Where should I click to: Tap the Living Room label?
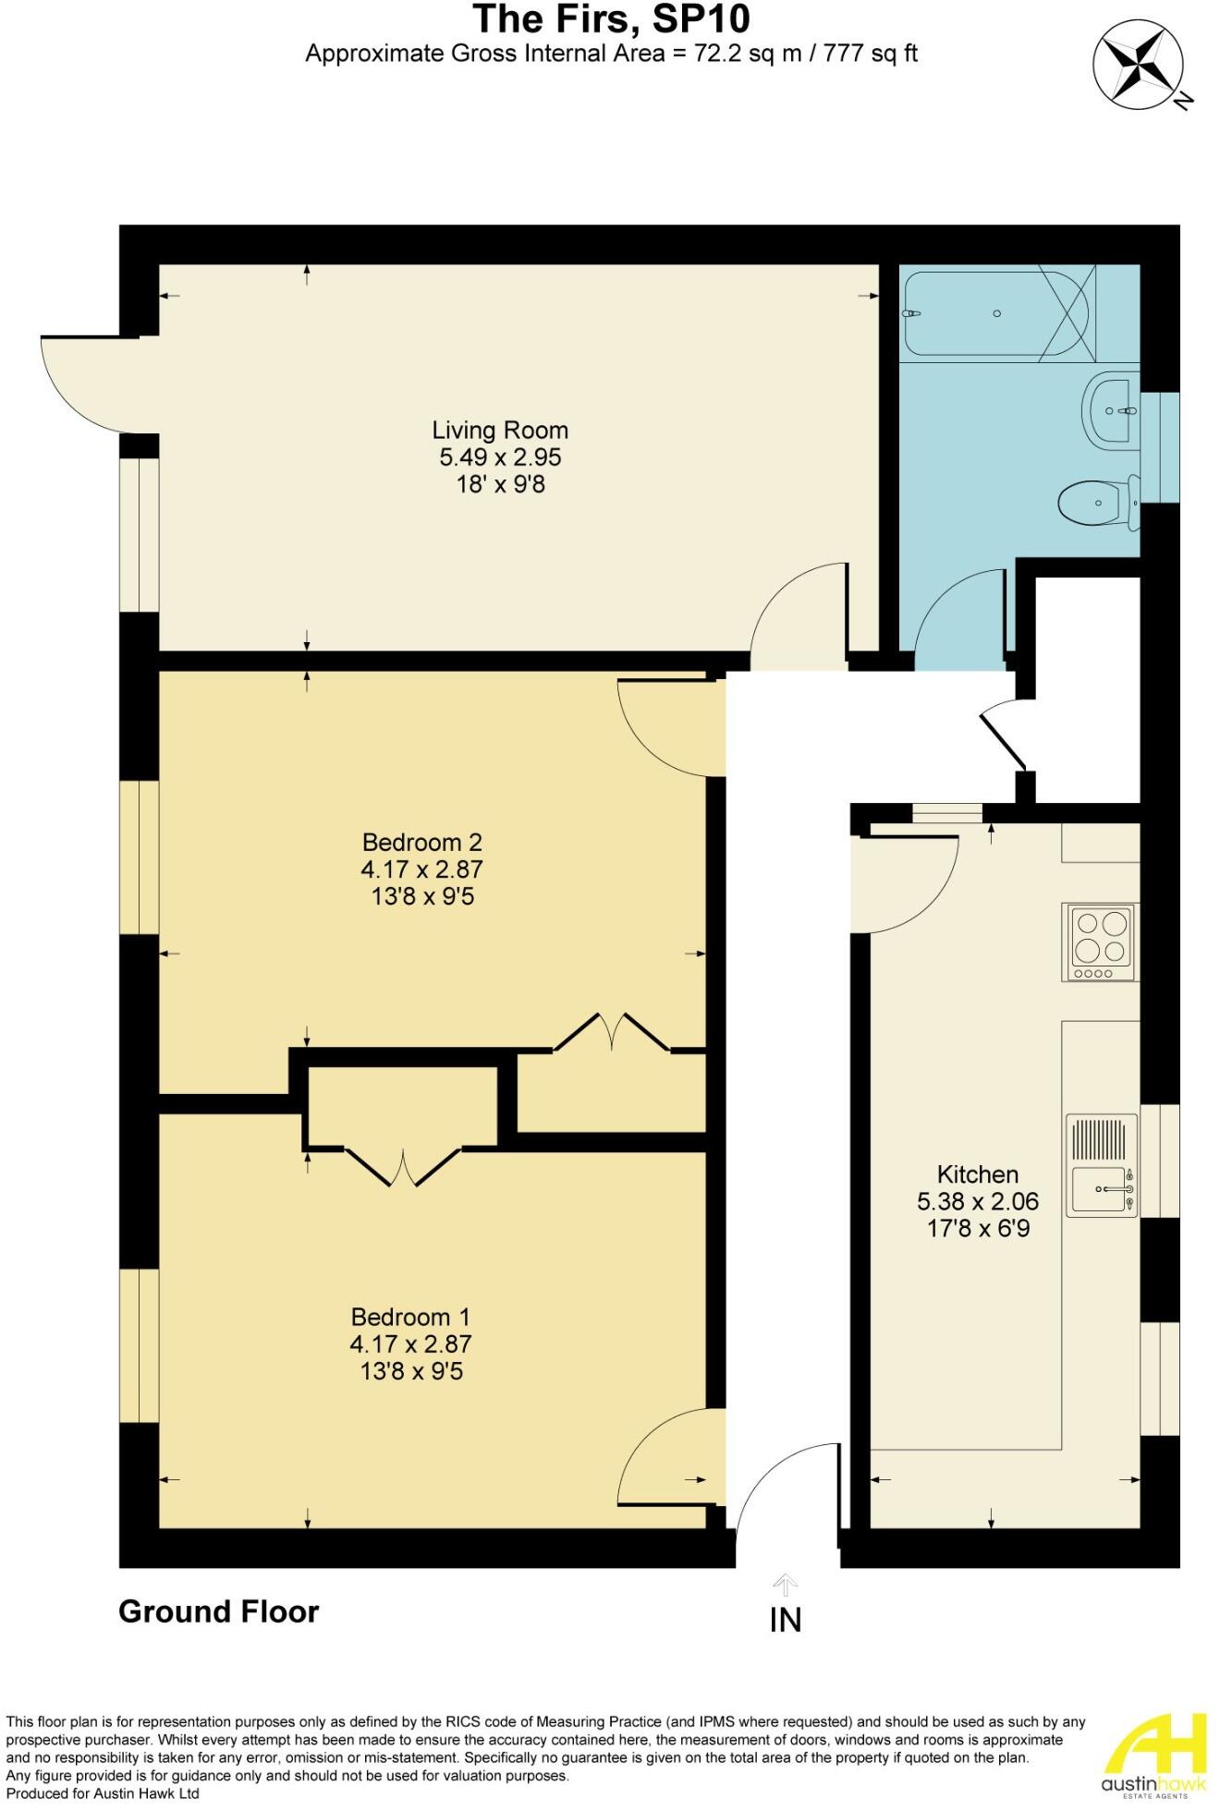point(500,431)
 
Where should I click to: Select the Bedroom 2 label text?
point(421,843)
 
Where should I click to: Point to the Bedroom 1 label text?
point(410,1317)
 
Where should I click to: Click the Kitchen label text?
point(977,1174)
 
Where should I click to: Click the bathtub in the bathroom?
point(998,314)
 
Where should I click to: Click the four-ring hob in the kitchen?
point(1100,942)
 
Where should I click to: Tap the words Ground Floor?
point(219,1612)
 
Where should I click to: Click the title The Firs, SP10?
point(611,18)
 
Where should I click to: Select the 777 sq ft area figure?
point(860,54)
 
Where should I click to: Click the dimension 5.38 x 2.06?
point(977,1202)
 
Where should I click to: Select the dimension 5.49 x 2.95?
point(500,457)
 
